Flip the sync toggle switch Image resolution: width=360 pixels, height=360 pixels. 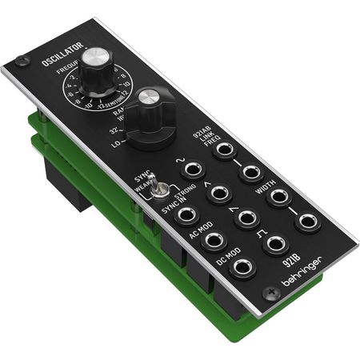tap(161, 189)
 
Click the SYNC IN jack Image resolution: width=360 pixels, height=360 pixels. tap(186, 214)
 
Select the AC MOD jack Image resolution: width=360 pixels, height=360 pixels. tap(214, 240)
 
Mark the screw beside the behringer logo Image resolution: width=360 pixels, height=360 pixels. tap(273, 294)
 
